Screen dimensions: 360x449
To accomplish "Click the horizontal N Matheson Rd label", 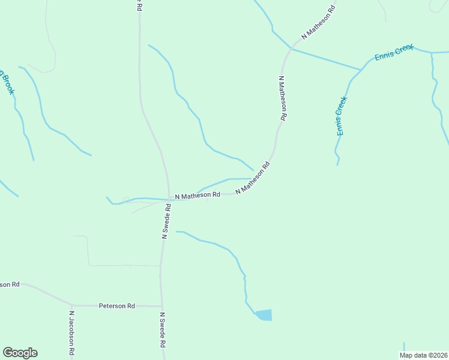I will click(197, 195).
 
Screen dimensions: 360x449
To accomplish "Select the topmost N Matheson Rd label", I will click(318, 23).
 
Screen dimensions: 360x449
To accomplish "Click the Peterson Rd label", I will click(116, 306).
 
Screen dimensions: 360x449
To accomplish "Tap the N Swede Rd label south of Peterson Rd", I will click(162, 330).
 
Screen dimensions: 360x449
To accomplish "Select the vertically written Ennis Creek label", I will click(340, 116).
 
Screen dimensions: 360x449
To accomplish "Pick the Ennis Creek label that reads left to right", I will click(394, 53).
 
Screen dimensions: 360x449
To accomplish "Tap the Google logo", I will click(20, 353).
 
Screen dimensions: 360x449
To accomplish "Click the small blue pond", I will click(264, 315).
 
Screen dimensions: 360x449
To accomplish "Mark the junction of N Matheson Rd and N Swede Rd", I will click(169, 199).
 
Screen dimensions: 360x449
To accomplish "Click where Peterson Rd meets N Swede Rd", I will click(161, 306).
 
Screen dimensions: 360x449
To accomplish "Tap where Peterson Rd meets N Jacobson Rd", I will click(72, 305).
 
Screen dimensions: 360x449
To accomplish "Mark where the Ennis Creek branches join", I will click(361, 70).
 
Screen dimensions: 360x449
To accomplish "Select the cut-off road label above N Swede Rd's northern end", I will click(139, 5).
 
